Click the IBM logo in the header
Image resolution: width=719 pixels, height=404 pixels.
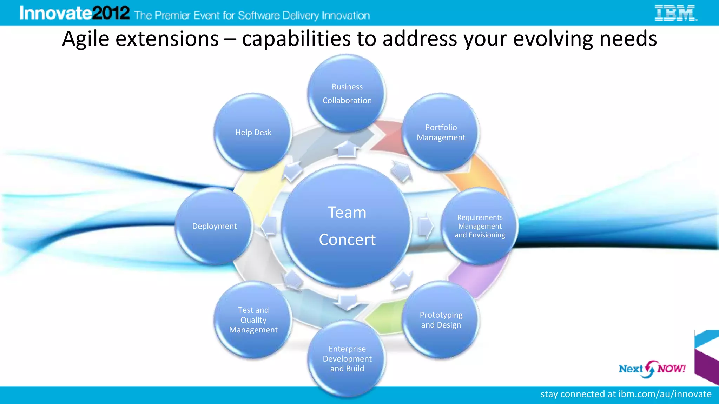pos(676,13)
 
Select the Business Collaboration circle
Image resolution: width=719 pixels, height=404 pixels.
pos(347,93)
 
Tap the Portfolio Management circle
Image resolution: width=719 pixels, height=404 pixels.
pos(441,133)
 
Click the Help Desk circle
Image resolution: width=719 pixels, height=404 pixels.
pos(253,133)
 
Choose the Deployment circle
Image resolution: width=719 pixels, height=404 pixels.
pos(214,226)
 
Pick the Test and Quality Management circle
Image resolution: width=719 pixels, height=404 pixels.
pos(253,320)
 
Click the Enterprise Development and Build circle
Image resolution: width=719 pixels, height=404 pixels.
pos(347,359)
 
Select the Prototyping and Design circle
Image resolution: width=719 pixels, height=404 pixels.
pos(441,320)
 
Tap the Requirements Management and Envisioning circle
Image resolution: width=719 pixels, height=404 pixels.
pos(480,226)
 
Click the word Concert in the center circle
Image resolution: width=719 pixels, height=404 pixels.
pos(347,240)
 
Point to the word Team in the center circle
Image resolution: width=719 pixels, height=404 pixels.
pos(347,213)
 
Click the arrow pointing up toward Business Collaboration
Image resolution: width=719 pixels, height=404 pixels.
pos(347,149)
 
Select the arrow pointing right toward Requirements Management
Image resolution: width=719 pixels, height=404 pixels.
pos(426,226)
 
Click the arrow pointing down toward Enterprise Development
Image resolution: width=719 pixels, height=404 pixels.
pos(347,302)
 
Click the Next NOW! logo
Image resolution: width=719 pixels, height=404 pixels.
pos(652,369)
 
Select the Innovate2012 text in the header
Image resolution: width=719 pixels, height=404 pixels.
pos(74,13)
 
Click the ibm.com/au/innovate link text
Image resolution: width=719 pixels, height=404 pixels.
pos(665,394)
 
